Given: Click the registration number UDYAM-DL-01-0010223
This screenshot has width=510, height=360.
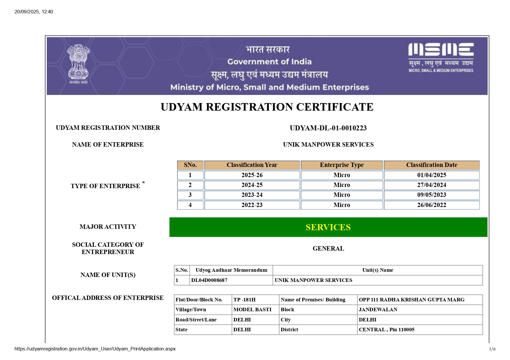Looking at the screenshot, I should (x=328, y=128).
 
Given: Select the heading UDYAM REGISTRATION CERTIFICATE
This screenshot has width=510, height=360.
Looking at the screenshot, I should (x=267, y=107).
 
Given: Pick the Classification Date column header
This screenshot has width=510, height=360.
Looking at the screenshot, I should (x=432, y=165).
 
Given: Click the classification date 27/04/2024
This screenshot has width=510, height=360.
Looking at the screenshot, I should (x=432, y=185).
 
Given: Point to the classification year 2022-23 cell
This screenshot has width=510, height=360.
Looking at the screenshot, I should (x=252, y=205).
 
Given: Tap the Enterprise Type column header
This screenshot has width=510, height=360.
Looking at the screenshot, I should (x=342, y=165).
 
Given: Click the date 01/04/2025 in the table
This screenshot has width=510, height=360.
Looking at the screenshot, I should (x=432, y=175).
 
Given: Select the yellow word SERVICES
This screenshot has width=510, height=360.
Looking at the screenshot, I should (x=328, y=227).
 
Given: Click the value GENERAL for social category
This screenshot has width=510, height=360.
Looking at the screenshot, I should (x=328, y=249).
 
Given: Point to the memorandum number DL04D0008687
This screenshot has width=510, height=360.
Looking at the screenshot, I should (x=209, y=280).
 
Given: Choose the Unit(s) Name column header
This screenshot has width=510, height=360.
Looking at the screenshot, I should (x=377, y=270).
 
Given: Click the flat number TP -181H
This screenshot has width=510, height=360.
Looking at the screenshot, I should (x=244, y=300).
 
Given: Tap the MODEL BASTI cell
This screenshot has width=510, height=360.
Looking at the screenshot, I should (x=252, y=309).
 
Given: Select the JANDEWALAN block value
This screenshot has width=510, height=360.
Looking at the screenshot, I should (x=378, y=309).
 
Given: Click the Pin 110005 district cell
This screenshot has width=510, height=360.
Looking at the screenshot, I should (x=386, y=330).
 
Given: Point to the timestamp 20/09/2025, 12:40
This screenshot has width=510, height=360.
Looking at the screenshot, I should (x=34, y=12).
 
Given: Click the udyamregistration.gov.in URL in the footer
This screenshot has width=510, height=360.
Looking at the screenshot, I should (x=95, y=349).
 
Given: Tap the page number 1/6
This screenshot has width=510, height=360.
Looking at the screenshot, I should (x=492, y=349).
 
